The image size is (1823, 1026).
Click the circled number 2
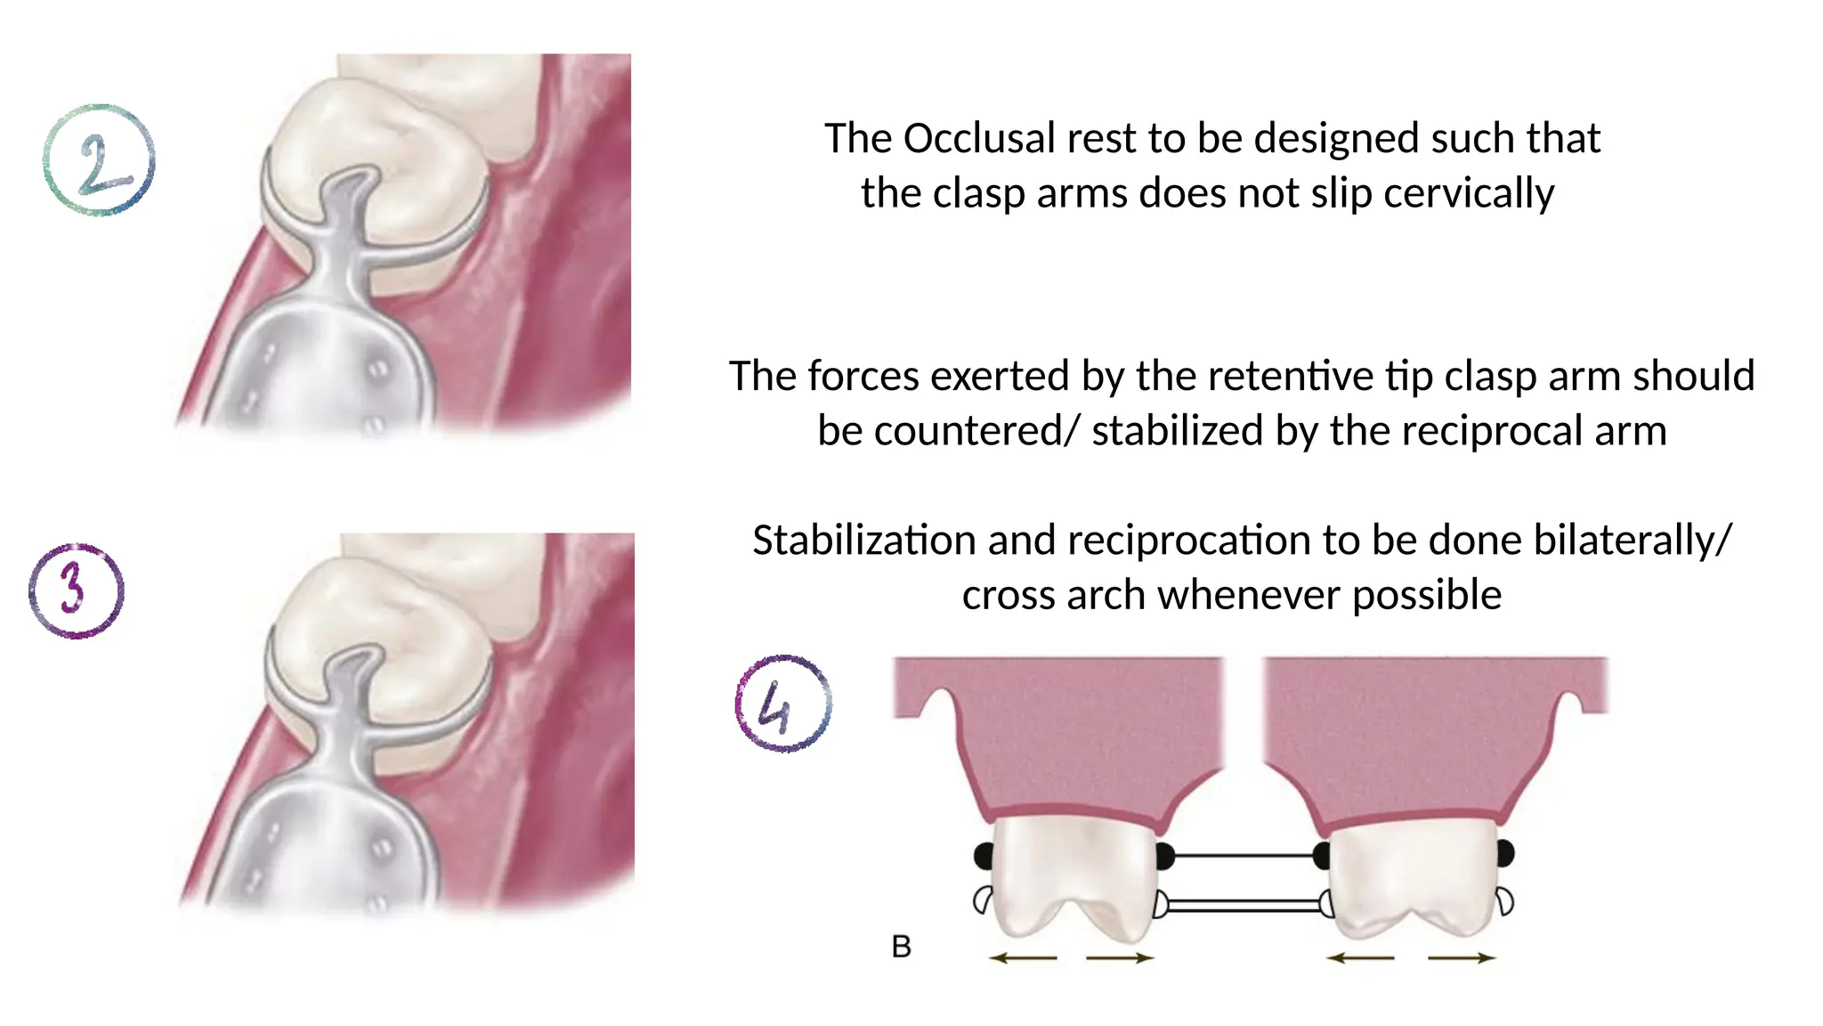point(99,160)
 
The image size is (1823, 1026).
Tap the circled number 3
point(76,590)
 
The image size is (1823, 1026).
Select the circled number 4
point(783,704)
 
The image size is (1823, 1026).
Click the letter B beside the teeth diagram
point(901,947)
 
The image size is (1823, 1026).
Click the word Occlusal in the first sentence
point(978,139)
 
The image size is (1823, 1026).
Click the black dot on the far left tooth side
point(984,856)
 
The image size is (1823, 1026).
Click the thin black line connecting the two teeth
point(1244,856)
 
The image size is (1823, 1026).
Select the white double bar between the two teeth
point(1244,905)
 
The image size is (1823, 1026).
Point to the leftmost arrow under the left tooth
point(1022,958)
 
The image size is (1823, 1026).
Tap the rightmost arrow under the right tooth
point(1463,958)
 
